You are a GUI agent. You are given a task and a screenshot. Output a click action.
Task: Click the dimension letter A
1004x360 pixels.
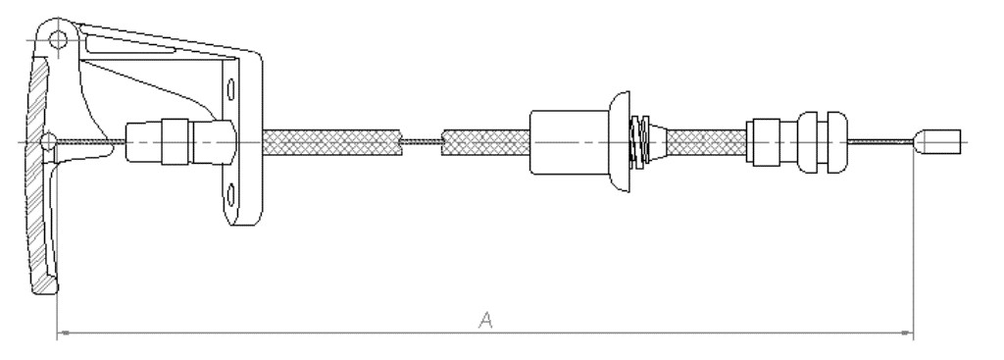point(486,319)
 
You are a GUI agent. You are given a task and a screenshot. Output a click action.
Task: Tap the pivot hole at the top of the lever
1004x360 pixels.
point(58,40)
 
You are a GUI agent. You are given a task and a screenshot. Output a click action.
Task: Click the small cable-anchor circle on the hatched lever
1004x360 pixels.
point(48,141)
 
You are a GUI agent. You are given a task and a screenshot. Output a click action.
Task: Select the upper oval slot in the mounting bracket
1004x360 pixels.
point(231,88)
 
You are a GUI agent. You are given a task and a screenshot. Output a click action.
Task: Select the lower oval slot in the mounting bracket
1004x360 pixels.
point(231,194)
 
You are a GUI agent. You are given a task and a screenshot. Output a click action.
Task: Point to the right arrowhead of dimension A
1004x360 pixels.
point(907,334)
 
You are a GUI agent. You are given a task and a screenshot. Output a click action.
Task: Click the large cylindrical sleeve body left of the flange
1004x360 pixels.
point(570,141)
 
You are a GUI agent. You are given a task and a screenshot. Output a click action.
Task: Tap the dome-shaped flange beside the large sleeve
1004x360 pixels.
point(620,141)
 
